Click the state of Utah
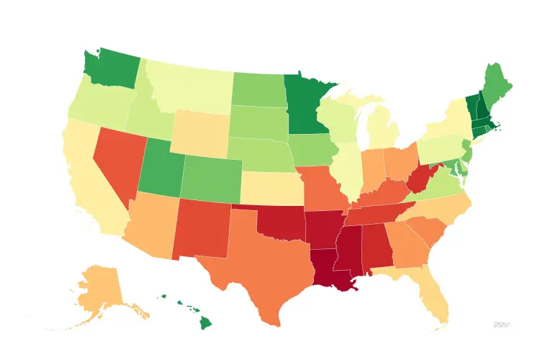[162, 169]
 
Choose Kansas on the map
[270, 189]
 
